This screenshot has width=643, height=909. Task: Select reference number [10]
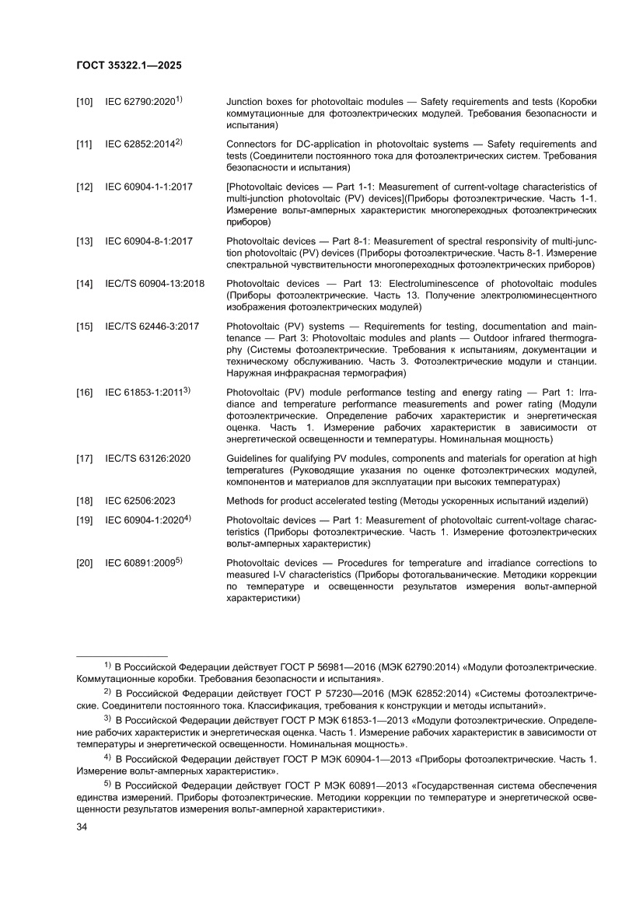(85, 103)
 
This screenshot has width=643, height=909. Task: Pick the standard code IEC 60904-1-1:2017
(149, 187)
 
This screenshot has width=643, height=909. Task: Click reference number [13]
(85, 242)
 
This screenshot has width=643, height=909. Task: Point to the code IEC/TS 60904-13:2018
(155, 284)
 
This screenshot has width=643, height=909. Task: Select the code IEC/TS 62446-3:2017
(152, 327)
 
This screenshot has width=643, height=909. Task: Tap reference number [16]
(85, 393)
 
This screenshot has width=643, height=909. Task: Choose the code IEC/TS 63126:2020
(148, 460)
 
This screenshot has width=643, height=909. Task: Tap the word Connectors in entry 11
(252, 145)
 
